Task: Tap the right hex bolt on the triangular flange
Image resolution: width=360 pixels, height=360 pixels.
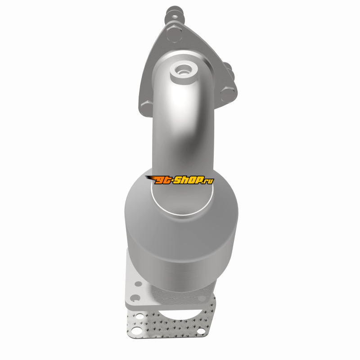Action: pos(228,94)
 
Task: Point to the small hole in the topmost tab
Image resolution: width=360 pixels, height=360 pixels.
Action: pos(175,17)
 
